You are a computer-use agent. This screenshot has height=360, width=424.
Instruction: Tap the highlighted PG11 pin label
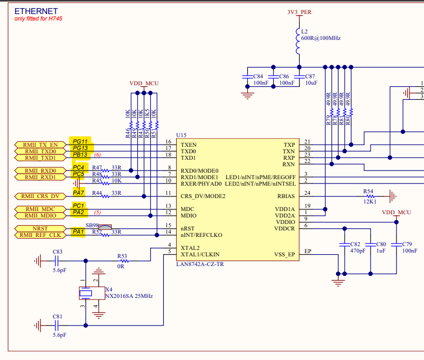point(80,141)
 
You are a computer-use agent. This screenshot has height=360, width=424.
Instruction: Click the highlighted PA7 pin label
point(79,193)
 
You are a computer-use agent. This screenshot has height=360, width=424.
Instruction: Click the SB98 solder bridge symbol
point(106,227)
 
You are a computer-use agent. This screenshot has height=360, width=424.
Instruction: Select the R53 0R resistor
point(122,261)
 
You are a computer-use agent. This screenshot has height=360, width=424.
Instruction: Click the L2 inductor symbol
point(297,42)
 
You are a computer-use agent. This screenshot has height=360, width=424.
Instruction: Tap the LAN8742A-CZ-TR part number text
point(201,264)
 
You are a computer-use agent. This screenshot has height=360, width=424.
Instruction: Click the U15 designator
point(181,134)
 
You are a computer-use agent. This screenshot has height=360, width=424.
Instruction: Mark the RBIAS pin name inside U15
point(286,196)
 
